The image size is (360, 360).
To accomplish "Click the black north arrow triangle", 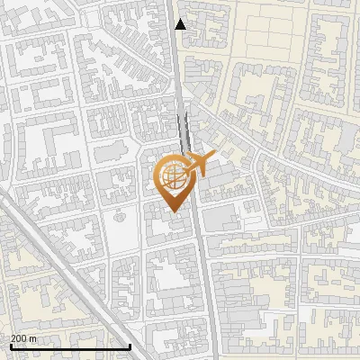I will [181, 24].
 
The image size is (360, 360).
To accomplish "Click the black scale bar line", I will [70, 346].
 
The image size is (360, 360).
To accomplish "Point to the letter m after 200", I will [34, 338].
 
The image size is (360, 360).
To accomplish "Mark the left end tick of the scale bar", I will [10, 346].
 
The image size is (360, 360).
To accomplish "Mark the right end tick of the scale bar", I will [131, 346].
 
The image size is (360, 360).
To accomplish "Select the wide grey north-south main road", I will [200, 270].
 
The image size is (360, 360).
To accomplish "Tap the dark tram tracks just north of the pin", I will [184, 135].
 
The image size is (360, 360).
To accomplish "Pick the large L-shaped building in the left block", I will [49, 144].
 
